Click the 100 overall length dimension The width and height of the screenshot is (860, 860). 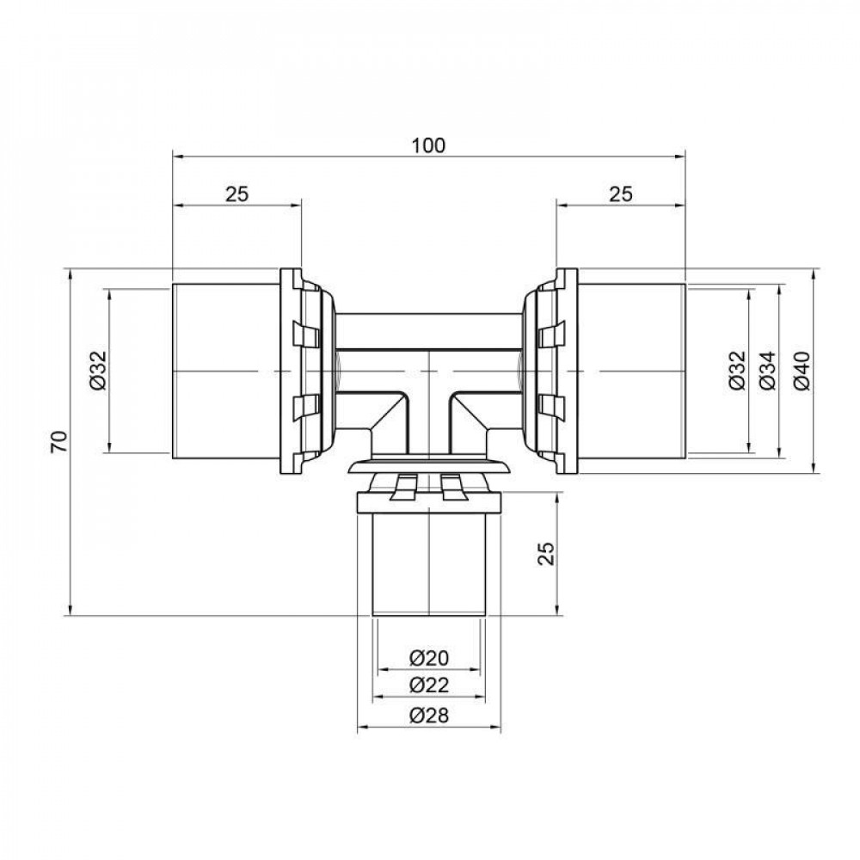pyautogui.click(x=428, y=145)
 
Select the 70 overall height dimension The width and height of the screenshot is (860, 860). pyautogui.click(x=58, y=443)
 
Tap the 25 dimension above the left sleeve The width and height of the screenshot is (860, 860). pyautogui.click(x=237, y=193)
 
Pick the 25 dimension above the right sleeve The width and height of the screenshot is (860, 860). pyautogui.click(x=621, y=193)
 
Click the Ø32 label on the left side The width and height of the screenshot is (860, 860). pyautogui.click(x=97, y=371)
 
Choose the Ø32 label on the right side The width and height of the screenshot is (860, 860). pyautogui.click(x=737, y=371)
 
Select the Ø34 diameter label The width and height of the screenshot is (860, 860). pyautogui.click(x=768, y=371)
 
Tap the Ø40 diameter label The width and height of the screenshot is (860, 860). pyautogui.click(x=801, y=371)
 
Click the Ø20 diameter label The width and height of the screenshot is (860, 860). pyautogui.click(x=428, y=658)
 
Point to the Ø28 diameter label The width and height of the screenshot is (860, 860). pyautogui.click(x=428, y=716)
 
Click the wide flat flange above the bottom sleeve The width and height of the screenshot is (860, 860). pyautogui.click(x=428, y=467)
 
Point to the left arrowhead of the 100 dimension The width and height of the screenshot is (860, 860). pyautogui.click(x=178, y=157)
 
